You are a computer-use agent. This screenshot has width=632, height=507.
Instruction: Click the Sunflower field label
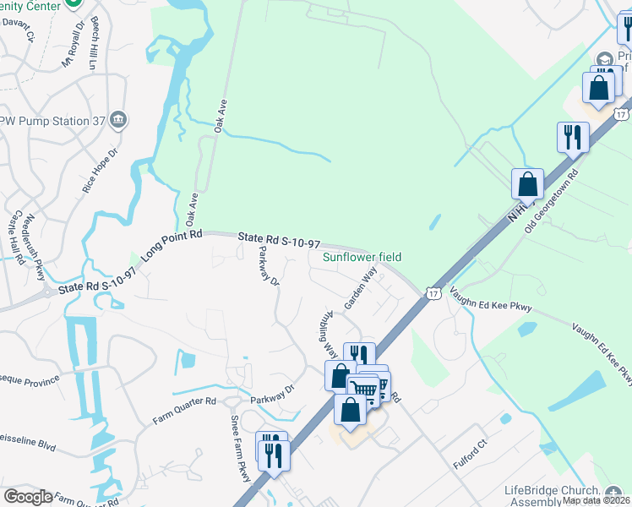[x=362, y=257]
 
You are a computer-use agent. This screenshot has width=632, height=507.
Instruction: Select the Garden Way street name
[x=358, y=289]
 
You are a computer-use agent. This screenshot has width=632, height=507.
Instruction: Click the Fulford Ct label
[x=471, y=442]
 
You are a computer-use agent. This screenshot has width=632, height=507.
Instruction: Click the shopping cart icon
[x=363, y=388]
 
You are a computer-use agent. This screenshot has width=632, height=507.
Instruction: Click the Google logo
[x=28, y=497]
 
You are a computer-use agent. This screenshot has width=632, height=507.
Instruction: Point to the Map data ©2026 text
[x=596, y=500]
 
